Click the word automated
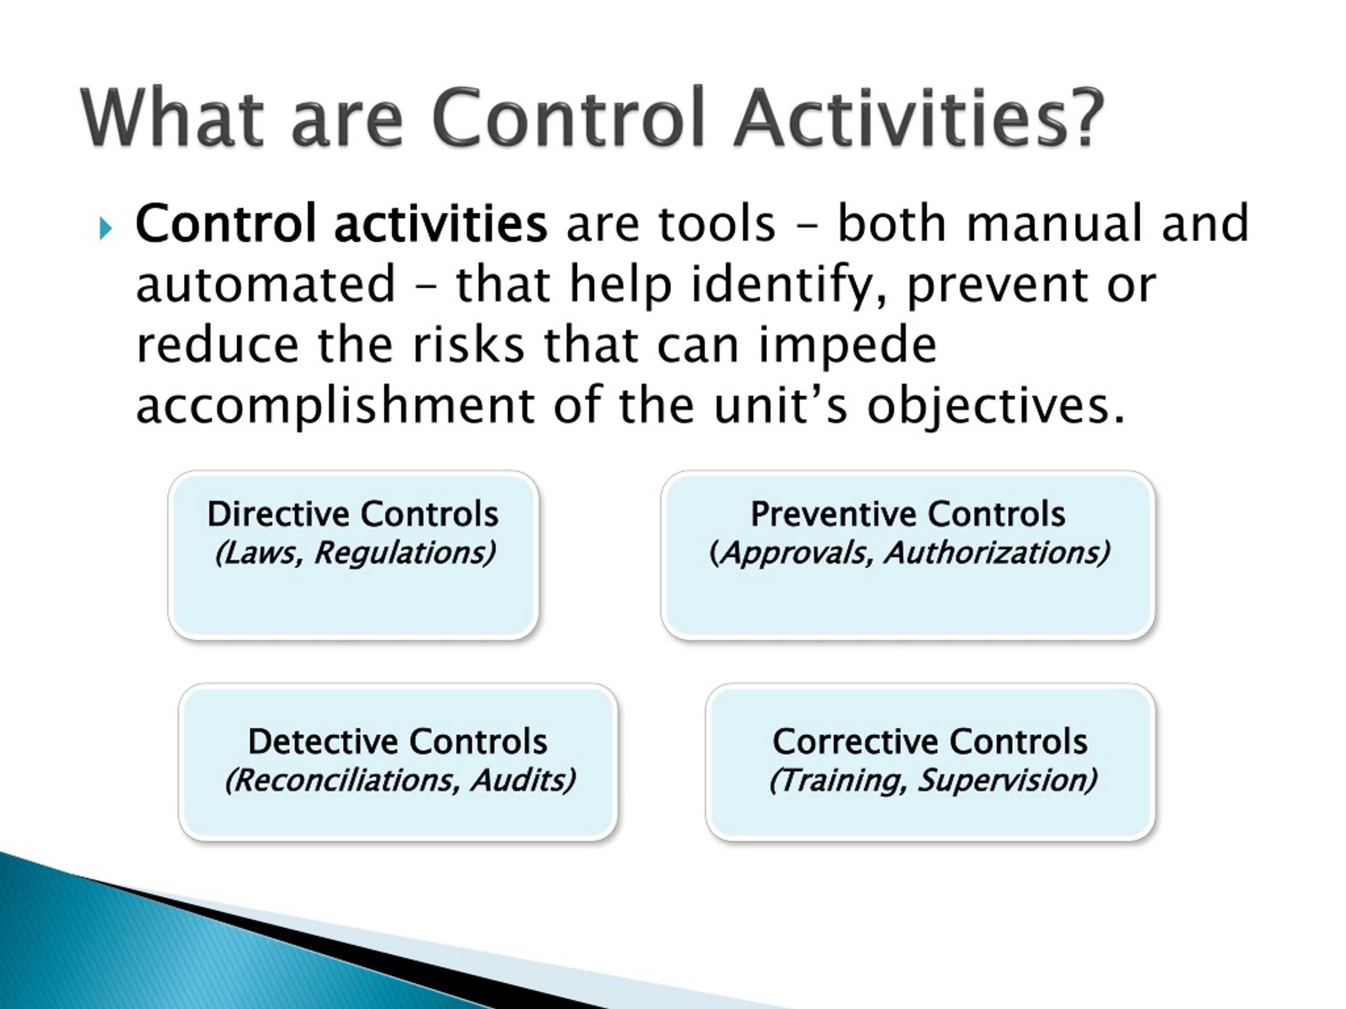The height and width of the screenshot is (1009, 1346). (266, 284)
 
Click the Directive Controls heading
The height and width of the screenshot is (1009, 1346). (353, 514)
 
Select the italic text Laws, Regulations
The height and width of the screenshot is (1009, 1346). (355, 553)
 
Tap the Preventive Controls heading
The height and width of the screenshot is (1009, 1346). (908, 514)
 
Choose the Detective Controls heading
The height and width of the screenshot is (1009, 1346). (398, 742)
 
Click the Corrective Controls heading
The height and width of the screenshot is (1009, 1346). (930, 742)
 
